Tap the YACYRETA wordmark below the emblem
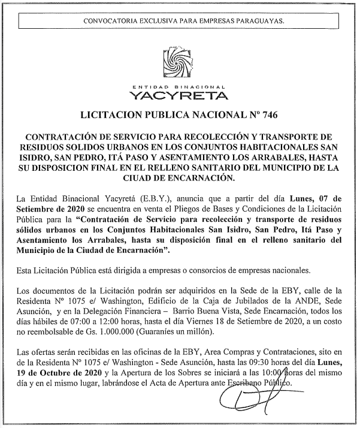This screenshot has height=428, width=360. coord(179,95)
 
